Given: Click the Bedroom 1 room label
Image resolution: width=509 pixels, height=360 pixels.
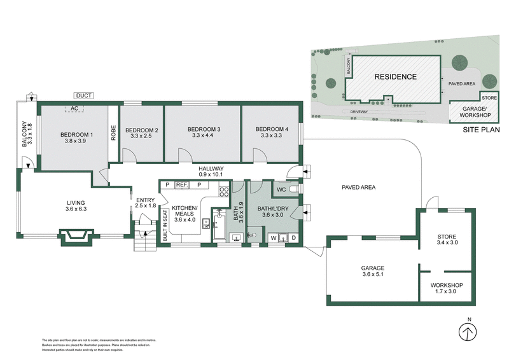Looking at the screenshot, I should click(x=77, y=134).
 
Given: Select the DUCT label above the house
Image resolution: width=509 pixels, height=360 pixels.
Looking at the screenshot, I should click(x=84, y=96).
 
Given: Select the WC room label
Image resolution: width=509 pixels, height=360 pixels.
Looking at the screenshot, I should click(x=280, y=190).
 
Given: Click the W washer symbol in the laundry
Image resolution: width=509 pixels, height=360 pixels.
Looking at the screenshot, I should click(x=274, y=239).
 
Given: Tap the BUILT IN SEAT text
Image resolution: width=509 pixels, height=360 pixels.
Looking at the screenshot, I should click(x=165, y=225).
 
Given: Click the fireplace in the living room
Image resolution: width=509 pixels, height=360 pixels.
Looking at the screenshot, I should click(x=77, y=236).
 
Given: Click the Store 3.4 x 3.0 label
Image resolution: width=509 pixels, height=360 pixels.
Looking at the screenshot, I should click(x=447, y=239).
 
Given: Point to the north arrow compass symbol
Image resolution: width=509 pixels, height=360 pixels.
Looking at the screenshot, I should click(x=468, y=333).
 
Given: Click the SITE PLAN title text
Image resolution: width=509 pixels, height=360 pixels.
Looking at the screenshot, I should click(x=481, y=129).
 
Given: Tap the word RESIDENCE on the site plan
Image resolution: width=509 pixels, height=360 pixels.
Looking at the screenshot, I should click(x=395, y=77).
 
